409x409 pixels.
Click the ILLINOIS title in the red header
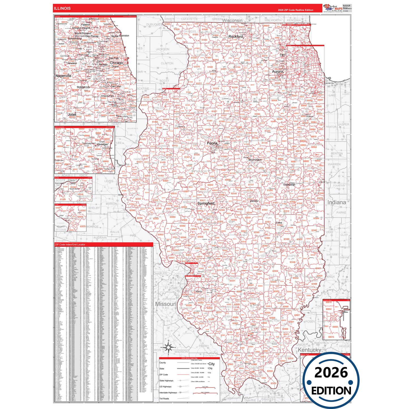pyautogui.click(x=62, y=8)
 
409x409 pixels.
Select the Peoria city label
pyautogui.click(x=212, y=143)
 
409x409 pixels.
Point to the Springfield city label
pyautogui.click(x=206, y=204)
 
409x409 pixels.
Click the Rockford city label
pyautogui.click(x=235, y=37)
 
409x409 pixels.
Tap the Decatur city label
pyautogui.click(x=254, y=201)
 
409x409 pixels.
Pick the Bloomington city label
pyautogui.click(x=255, y=160)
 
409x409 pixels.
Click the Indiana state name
pyautogui.click(x=337, y=202)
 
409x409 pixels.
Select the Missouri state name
pyautogui.click(x=166, y=304)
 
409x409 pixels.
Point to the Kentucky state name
pyautogui.click(x=309, y=350)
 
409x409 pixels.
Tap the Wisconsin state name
pyautogui.click(x=232, y=20)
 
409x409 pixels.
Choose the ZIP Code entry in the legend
pyautogui.click(x=164, y=374)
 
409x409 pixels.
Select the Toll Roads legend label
pyautogui.click(x=164, y=399)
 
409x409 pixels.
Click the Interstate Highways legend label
pyautogui.click(x=168, y=393)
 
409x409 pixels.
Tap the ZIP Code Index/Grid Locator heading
pyautogui.click(x=70, y=245)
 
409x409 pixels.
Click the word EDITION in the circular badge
pyautogui.click(x=331, y=391)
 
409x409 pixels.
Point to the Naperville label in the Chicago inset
pyautogui.click(x=63, y=76)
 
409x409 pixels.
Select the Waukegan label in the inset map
pyautogui.click(x=102, y=144)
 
